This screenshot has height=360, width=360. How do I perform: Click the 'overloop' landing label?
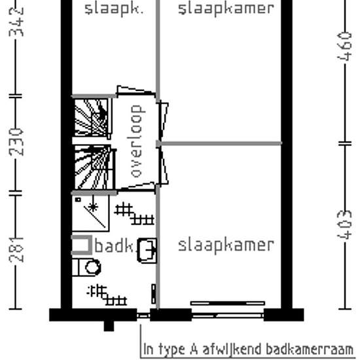(x=137, y=141)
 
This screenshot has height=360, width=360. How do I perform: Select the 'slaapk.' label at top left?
(x=113, y=9)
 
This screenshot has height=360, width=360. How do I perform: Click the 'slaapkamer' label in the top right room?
(x=226, y=9)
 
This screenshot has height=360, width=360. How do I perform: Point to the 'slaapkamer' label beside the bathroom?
(x=226, y=245)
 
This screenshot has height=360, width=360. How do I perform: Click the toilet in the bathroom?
(x=88, y=267)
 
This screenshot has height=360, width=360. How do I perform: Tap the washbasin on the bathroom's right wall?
(x=147, y=249)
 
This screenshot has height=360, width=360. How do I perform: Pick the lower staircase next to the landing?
(x=92, y=168)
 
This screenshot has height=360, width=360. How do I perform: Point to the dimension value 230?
(x=18, y=141)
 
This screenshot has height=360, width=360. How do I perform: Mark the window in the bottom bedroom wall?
(x=227, y=304)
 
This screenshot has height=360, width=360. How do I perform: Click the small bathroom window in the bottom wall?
(x=143, y=315)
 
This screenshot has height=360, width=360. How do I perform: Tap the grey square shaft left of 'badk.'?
(x=81, y=245)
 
